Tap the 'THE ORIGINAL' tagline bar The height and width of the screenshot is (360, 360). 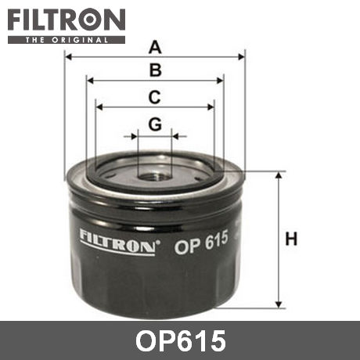tap(67, 40)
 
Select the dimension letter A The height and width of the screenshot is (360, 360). tap(155, 47)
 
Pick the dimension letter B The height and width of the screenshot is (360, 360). tap(156, 70)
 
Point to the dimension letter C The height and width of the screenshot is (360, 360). tap(154, 97)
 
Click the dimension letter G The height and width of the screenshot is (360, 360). tap(155, 124)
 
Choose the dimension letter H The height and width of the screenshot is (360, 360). tap(291, 239)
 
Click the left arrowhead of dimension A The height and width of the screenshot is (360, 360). tap(68, 56)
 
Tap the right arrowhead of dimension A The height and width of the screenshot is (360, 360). tap(241, 56)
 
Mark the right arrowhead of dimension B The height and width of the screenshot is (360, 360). tap(220, 81)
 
